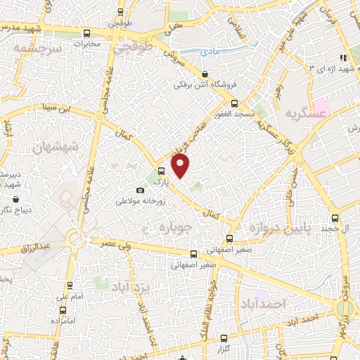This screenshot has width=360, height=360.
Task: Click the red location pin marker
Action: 181,166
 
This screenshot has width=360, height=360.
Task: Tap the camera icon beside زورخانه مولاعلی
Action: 140,191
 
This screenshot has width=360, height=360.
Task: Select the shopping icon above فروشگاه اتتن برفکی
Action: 205,74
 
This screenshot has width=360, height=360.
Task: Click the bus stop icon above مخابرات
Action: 86,33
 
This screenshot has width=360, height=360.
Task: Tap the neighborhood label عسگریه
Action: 306,112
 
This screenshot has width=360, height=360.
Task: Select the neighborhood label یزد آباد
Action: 129,285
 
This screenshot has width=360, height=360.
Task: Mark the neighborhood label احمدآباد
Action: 264,303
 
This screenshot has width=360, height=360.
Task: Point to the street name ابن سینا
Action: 56,108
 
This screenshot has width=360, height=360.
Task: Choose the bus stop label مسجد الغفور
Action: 234,114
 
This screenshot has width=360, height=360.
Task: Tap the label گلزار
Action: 225,349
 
